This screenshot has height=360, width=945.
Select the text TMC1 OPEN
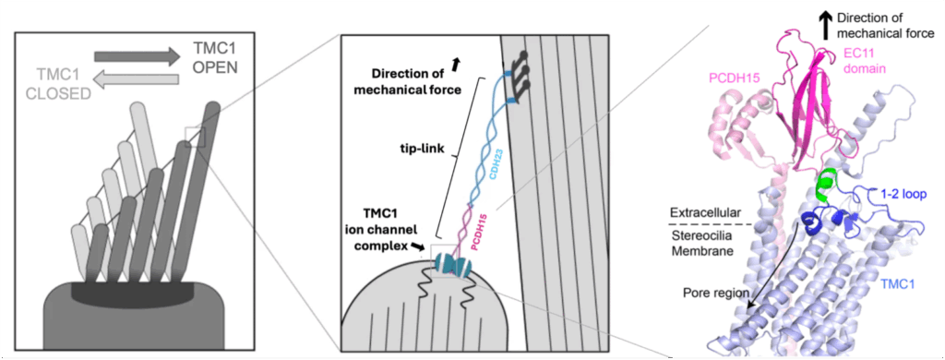(x=216, y=58)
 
